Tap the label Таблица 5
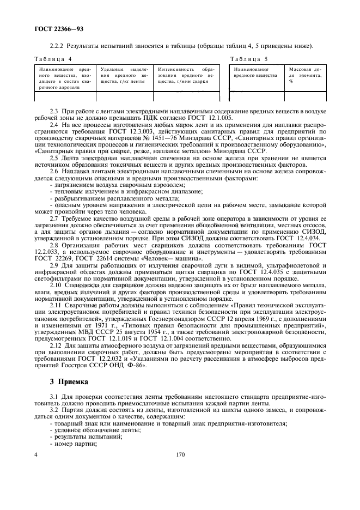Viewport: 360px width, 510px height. click(248, 59)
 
